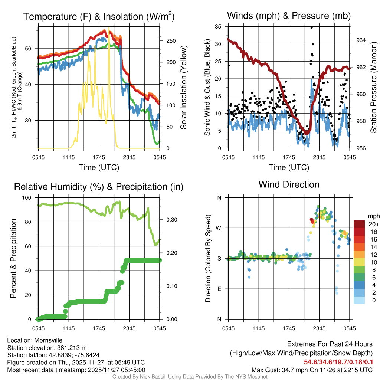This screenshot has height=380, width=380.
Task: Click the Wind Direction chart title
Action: click(x=289, y=184)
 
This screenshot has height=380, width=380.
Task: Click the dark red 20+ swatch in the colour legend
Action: click(x=359, y=224)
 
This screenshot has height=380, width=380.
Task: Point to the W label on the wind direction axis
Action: click(x=219, y=228)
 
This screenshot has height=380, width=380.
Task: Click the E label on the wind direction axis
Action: click(x=219, y=289)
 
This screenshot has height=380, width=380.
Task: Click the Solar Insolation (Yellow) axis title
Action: click(x=183, y=88)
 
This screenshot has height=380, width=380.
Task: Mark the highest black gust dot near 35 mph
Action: click(x=312, y=27)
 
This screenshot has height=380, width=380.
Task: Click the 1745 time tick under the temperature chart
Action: click(x=99, y=157)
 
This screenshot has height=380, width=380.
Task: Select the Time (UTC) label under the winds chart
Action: click(x=289, y=167)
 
